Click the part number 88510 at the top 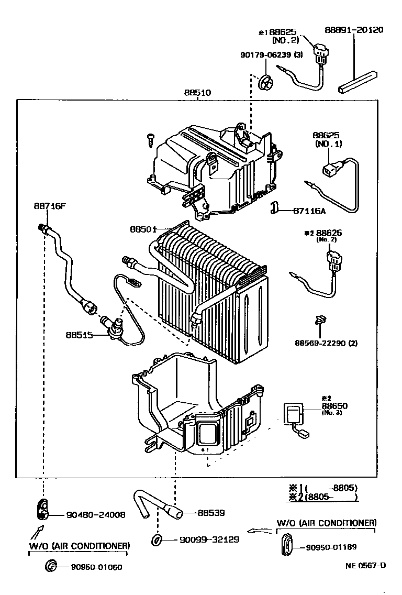coord(197,93)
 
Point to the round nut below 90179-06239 coord(266,82)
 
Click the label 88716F coord(50,206)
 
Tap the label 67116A coord(309,211)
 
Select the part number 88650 coord(334,406)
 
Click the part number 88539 coord(211,513)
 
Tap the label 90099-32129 coord(209,539)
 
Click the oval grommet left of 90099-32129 coord(157,539)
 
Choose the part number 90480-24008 coord(95,514)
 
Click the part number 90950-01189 coord(331,547)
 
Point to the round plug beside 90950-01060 coord(51,566)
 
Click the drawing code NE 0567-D coord(365,565)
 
